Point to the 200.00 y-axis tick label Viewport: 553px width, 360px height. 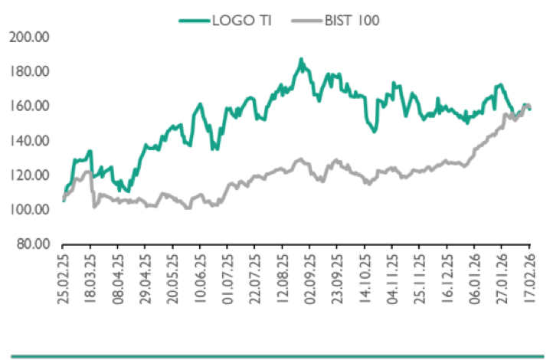(x=30, y=37)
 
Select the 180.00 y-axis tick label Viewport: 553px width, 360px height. (x=30, y=71)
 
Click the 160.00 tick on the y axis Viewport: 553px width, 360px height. (x=30, y=106)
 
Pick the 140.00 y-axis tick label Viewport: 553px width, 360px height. (x=30, y=140)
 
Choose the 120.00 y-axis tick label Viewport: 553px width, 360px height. (x=30, y=175)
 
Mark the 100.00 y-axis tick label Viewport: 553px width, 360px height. (x=30, y=209)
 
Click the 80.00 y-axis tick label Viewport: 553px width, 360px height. (x=33, y=244)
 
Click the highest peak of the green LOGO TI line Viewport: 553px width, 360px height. (x=301, y=59)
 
